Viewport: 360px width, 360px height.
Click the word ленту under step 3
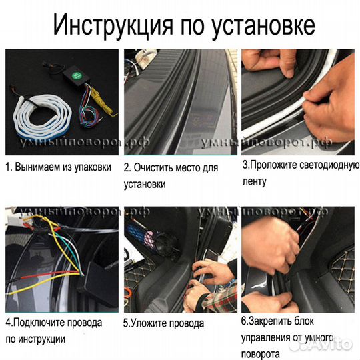(x=253, y=181)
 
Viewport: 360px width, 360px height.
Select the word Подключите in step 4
(x=40, y=323)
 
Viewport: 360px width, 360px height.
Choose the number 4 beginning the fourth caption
(x=7, y=323)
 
